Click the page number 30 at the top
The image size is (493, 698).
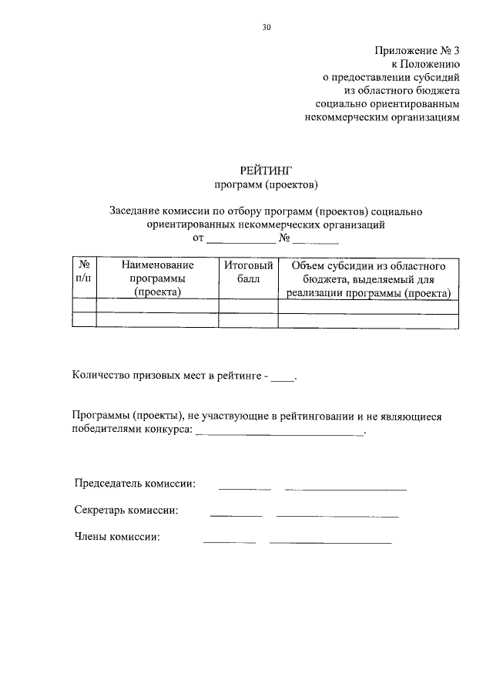266,28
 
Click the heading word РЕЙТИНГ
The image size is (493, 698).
266,170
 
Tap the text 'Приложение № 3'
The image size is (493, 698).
417,51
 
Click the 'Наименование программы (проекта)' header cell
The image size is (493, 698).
157,278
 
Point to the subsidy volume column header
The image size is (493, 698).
368,278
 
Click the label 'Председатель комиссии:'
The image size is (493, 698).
135,484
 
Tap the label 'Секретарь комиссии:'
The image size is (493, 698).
127,511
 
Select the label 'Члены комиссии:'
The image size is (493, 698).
117,538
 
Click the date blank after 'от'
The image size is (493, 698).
236,241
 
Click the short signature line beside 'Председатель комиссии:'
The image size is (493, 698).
245,488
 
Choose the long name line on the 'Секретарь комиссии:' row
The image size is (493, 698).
337,515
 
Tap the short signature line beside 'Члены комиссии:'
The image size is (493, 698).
229,542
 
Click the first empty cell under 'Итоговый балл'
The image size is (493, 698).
248,306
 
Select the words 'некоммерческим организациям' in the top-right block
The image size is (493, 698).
383,118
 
